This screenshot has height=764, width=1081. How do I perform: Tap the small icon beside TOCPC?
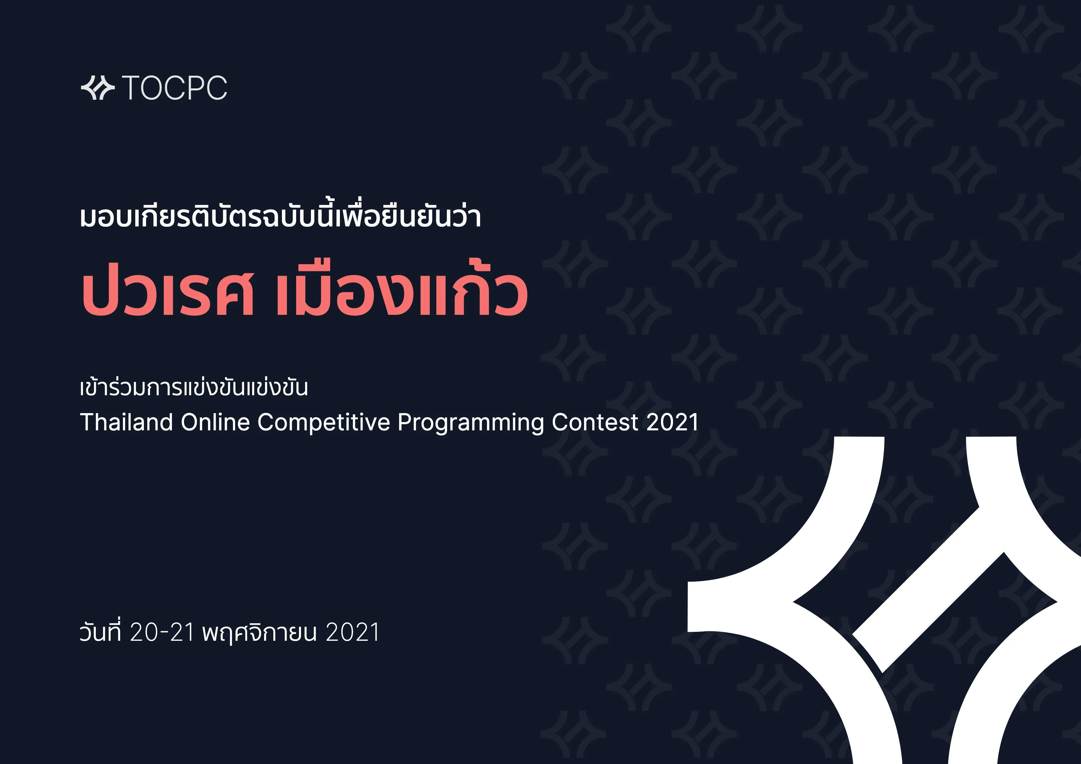pos(97,87)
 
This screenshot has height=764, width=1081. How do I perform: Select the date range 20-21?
pos(162,632)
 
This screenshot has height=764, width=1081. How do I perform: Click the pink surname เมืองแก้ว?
pos(402,292)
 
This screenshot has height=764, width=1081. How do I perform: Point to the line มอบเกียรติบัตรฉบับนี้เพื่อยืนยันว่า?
pos(280,217)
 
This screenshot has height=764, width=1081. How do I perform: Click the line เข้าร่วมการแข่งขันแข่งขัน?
pos(194,388)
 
